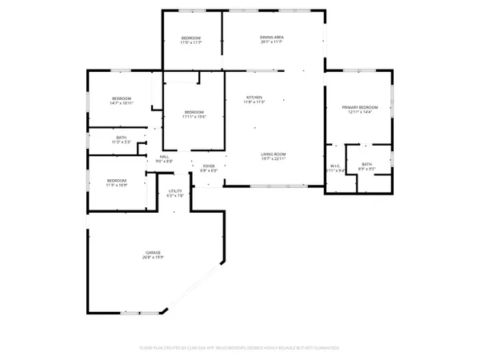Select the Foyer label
[209, 166]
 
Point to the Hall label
[164, 156]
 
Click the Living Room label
[274, 154]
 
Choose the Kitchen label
[255, 98]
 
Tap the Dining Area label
[274, 37]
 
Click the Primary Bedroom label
[359, 106]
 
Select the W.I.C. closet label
[336, 166]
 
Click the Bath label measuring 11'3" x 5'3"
[122, 138]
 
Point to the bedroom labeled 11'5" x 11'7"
[190, 38]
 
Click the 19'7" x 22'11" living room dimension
[274, 158]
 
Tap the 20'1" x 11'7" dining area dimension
[274, 42]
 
